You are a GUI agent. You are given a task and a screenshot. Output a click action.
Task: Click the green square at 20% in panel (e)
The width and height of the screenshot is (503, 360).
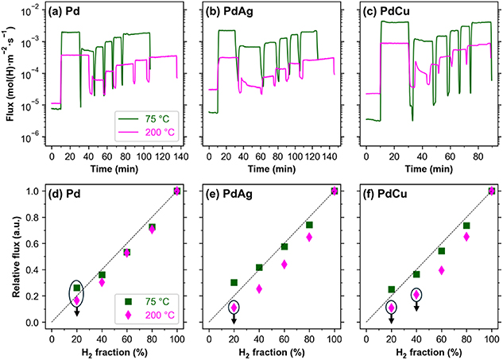(234, 282)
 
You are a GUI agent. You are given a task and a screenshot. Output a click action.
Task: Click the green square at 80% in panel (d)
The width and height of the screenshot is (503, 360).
(153, 226)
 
